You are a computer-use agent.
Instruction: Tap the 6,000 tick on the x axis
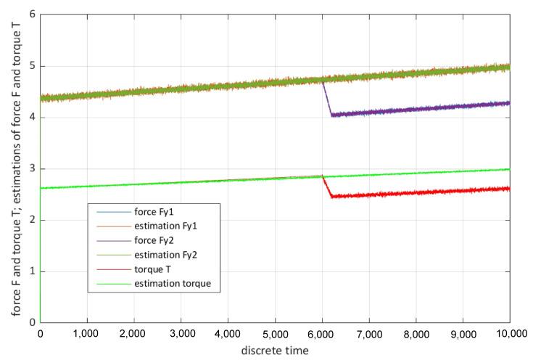[322, 335]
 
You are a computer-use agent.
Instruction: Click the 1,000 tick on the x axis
[87, 335]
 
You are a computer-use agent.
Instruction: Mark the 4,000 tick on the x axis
[228, 335]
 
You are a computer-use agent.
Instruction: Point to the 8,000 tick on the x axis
[416, 335]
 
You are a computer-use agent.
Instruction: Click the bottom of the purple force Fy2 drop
[331, 115]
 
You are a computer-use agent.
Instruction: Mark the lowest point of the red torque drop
[331, 197]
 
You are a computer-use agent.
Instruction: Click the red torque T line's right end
[509, 188]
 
